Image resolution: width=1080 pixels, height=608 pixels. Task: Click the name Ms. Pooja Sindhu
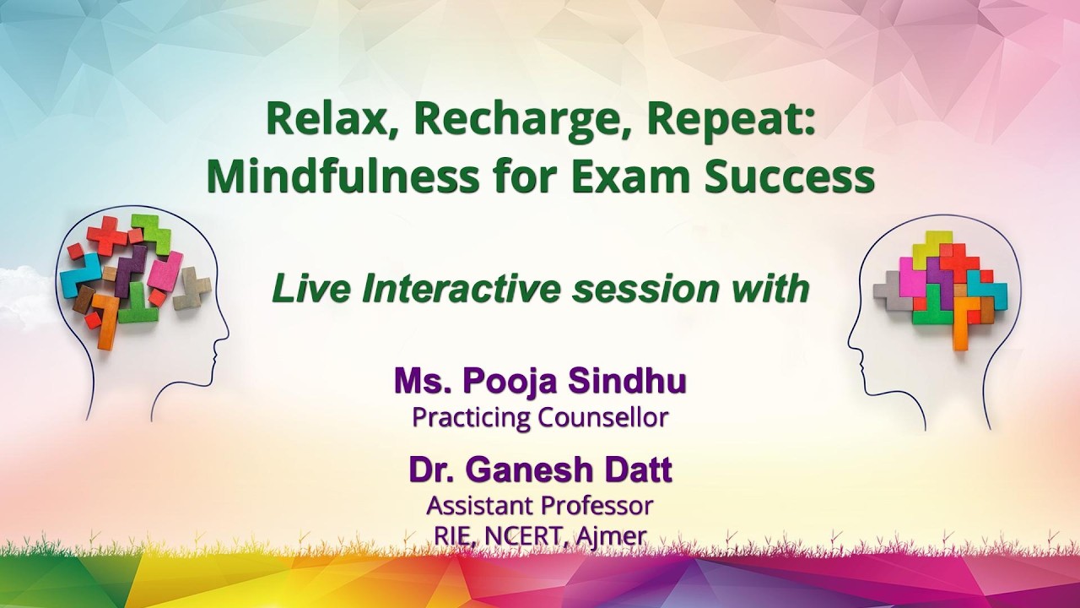540,381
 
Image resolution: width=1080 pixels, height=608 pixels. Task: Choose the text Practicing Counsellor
540,417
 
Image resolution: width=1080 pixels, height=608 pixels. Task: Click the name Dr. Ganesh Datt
540,470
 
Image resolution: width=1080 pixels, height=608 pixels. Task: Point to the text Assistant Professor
540,505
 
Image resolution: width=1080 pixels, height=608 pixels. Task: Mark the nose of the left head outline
226,338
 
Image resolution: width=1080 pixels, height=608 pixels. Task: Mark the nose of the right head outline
850,345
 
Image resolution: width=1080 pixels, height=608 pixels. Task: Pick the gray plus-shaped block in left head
192,288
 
